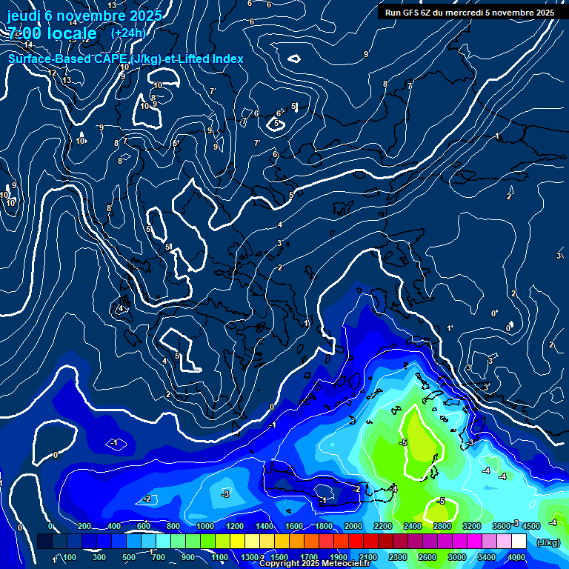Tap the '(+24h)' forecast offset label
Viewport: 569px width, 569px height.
click(128, 33)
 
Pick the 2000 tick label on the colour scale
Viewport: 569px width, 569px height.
click(353, 526)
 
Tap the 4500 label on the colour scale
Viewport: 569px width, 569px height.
click(530, 526)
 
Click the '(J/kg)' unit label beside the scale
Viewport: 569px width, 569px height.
click(547, 543)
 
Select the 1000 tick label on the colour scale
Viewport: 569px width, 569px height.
click(204, 526)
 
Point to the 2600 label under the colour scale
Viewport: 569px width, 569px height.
click(427, 557)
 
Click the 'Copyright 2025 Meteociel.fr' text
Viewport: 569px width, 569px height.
click(314, 564)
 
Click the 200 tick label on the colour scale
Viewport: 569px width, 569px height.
click(84, 526)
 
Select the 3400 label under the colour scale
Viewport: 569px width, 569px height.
click(487, 557)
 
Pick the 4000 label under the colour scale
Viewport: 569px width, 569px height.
click(516, 557)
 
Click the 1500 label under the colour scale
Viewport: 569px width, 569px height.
click(279, 557)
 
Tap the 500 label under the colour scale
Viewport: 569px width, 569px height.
click(129, 557)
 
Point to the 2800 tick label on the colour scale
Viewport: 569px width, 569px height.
click(442, 526)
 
